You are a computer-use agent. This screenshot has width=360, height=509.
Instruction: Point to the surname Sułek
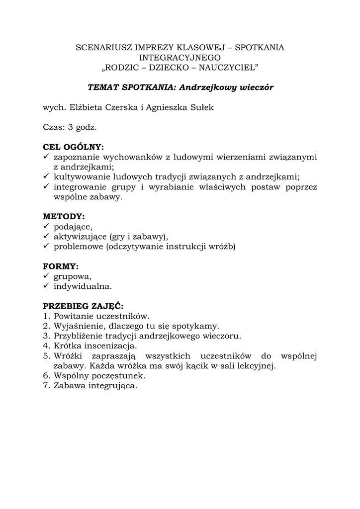(202, 107)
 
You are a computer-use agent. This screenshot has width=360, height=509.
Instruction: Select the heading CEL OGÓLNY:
(74, 147)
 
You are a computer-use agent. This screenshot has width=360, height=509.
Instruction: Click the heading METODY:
(64, 217)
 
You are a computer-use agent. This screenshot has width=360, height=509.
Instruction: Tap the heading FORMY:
(61, 266)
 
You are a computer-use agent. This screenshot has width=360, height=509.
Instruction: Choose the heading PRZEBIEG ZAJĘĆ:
(83, 306)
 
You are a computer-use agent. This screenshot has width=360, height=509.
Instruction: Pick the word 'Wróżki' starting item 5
(68, 355)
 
